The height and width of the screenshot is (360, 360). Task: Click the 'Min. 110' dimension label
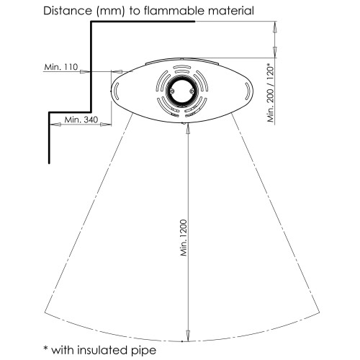(61, 67)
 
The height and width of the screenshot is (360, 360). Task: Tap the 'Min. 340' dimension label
(81, 120)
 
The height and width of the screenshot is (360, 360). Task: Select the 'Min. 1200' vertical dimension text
(184, 238)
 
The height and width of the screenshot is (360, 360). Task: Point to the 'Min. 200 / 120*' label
(271, 92)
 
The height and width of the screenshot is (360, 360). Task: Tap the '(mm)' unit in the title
(110, 12)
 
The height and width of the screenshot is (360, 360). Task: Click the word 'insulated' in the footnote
(102, 350)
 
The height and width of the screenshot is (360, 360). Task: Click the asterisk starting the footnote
(45, 348)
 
